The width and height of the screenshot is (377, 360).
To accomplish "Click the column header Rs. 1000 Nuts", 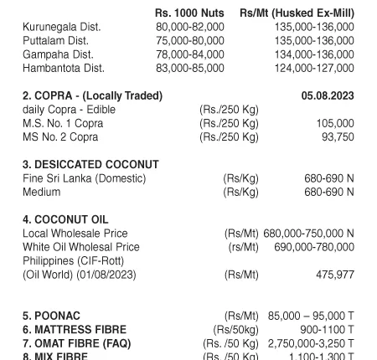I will [189, 13].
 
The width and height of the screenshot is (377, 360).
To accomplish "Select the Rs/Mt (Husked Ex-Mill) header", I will [297, 13].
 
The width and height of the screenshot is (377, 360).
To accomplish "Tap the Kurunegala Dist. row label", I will [61, 27].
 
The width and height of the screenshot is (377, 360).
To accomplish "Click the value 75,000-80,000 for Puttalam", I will [190, 40].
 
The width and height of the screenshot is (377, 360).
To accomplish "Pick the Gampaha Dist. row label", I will [59, 54].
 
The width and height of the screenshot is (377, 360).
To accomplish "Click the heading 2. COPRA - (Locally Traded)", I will [92, 96].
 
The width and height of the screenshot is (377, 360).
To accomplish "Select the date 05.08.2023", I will [328, 96].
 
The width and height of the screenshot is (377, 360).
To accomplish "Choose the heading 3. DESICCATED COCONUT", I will [90, 165].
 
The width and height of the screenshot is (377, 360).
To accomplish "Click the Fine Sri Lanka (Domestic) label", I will [84, 178].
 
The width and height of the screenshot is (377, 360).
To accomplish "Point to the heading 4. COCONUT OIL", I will [65, 219].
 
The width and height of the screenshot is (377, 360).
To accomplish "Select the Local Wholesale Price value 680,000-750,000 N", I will [308, 234].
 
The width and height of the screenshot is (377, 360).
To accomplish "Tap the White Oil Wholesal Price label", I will [80, 247].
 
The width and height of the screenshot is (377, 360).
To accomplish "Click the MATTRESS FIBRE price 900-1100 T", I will [327, 330].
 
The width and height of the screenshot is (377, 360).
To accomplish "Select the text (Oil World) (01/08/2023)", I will [79, 275].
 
